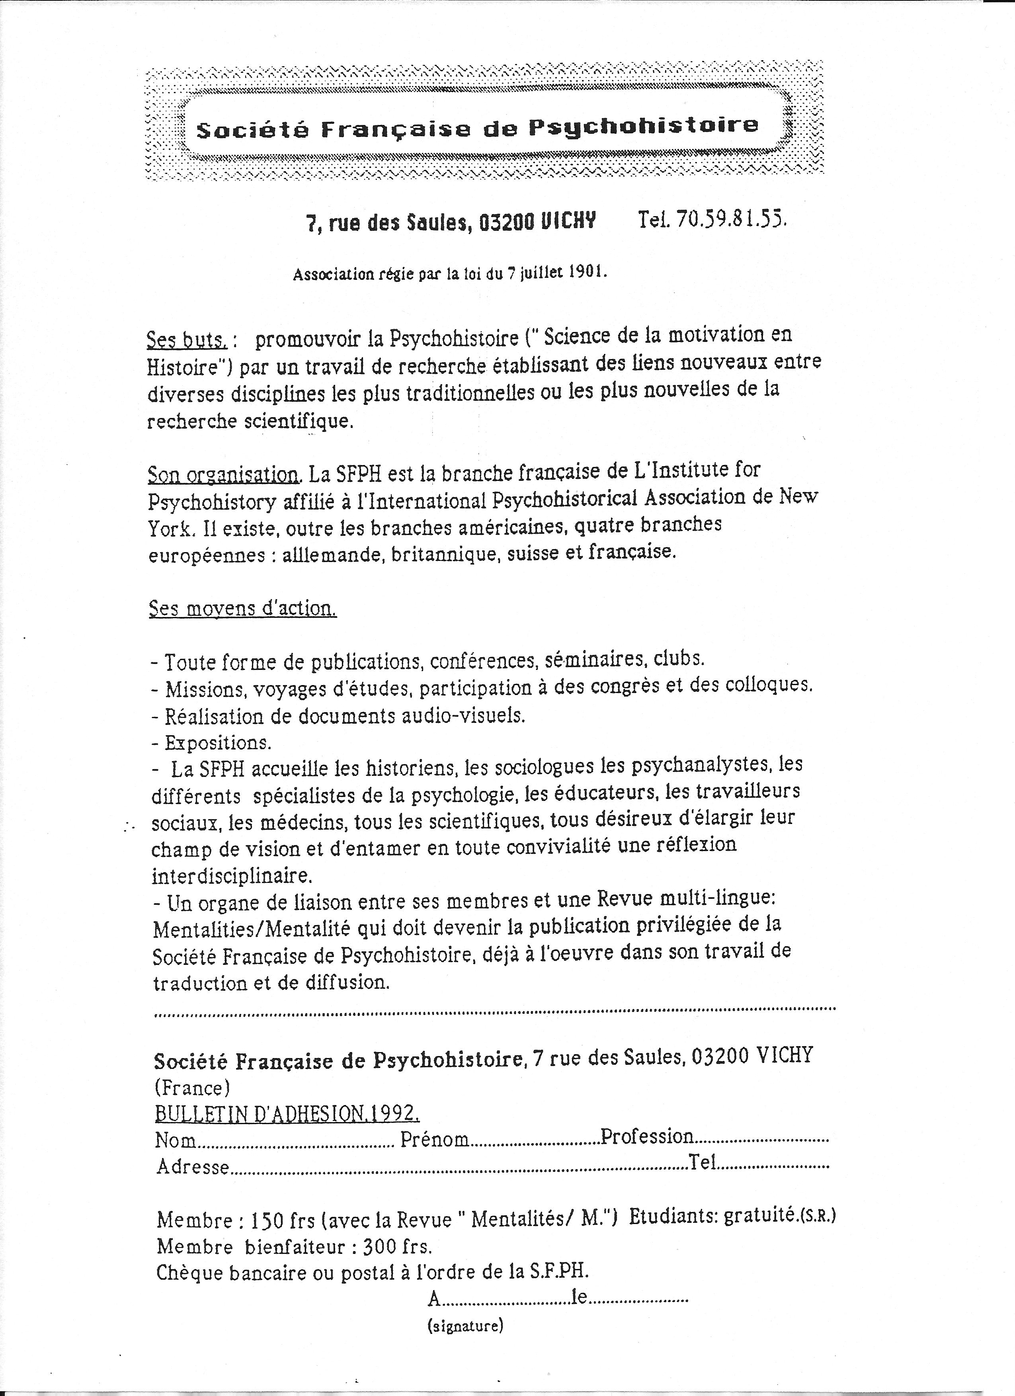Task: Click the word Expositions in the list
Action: tap(217, 743)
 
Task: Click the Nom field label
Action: tap(176, 1140)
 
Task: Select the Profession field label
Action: tap(647, 1136)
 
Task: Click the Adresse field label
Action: tap(193, 1167)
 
